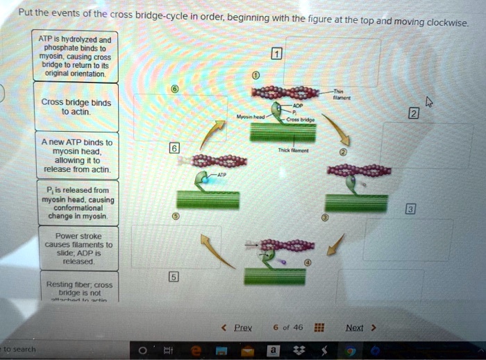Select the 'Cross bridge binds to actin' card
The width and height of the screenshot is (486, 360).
(76, 107)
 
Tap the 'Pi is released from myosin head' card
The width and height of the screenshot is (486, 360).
(76, 203)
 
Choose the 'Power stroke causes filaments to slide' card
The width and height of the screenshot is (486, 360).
(76, 248)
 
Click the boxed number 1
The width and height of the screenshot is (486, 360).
(276, 55)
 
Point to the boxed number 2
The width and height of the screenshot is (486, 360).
(414, 114)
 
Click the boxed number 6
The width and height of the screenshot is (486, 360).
(174, 148)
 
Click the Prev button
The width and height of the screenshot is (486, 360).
(241, 327)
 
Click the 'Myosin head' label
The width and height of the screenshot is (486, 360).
(248, 117)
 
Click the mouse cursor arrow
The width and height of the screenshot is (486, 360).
(428, 102)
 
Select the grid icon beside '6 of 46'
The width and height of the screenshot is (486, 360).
(319, 327)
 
